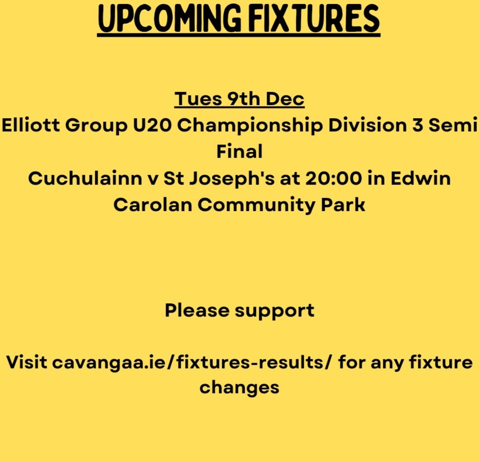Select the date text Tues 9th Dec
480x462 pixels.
239,99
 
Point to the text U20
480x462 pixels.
146,126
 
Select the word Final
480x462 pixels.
239,152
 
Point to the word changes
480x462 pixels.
239,388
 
